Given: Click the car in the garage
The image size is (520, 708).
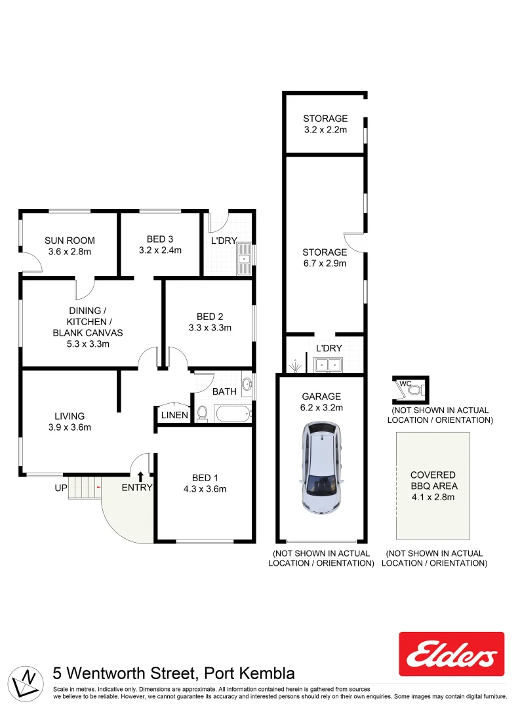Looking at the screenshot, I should (x=323, y=467).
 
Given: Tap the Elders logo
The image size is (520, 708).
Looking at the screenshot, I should (x=452, y=654).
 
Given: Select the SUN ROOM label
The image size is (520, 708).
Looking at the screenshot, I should (x=70, y=240).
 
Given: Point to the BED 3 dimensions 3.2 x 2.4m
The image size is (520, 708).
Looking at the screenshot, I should (x=160, y=250).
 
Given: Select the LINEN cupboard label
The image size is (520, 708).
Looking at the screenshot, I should (x=174, y=415).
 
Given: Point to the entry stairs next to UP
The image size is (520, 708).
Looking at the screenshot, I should (x=83, y=488).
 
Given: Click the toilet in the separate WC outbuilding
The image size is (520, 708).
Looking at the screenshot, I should (x=413, y=389).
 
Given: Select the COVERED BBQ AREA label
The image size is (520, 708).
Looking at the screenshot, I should (x=433, y=481).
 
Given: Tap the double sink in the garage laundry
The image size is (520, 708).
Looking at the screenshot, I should (x=327, y=364).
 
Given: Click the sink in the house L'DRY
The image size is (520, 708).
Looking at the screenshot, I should (x=245, y=258).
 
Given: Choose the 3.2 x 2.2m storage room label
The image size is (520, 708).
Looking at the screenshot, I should (x=325, y=124).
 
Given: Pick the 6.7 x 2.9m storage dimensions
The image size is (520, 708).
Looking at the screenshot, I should (x=325, y=264).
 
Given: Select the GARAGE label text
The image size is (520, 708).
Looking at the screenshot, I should (x=321, y=396).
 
